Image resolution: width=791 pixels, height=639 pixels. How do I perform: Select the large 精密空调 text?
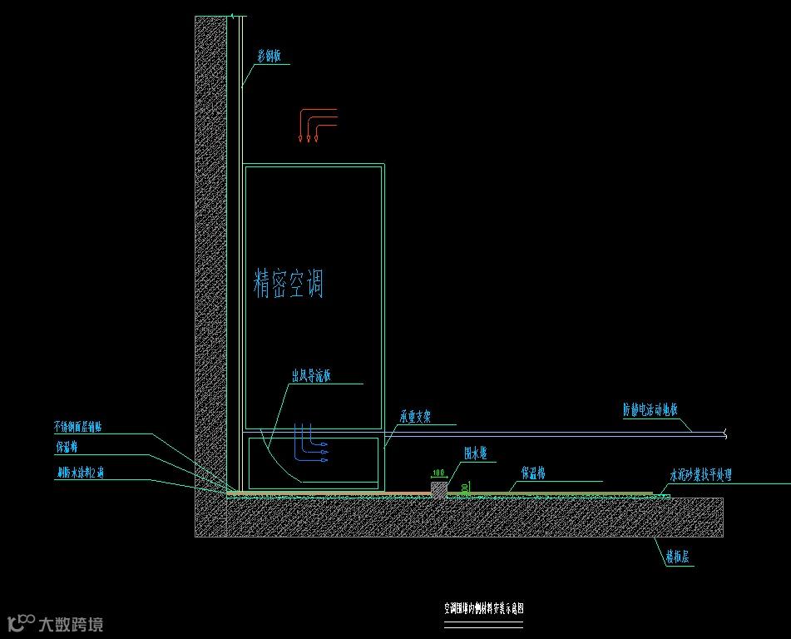click(x=288, y=284)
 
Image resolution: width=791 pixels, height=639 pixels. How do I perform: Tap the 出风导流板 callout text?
click(x=311, y=376)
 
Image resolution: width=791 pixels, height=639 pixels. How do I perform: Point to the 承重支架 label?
click(x=415, y=417)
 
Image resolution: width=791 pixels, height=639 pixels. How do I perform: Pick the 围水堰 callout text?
click(x=481, y=453)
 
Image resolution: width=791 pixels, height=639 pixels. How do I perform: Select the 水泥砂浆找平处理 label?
click(x=700, y=476)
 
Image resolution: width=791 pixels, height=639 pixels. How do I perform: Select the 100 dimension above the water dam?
click(x=438, y=473)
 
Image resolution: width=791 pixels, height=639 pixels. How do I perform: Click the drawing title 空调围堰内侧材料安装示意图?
click(x=483, y=608)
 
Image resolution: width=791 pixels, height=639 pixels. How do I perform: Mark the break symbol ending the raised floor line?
click(x=725, y=433)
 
